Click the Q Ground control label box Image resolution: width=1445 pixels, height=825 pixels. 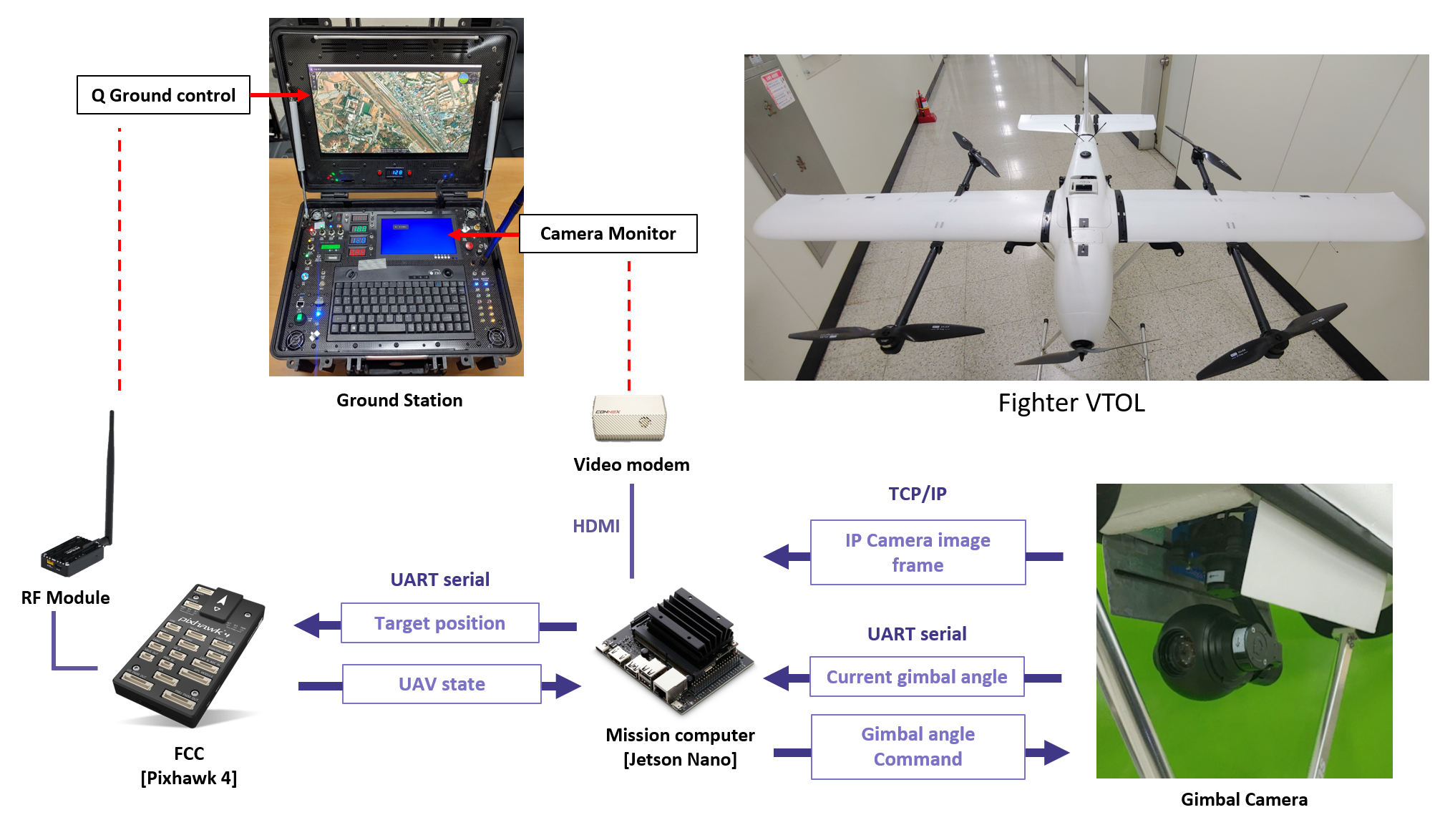163,95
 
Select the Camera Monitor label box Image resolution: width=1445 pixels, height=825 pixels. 608,234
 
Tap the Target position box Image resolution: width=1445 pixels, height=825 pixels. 439,623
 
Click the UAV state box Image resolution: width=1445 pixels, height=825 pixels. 442,684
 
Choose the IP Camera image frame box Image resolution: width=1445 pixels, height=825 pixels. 918,552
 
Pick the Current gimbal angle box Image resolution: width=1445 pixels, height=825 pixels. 917,677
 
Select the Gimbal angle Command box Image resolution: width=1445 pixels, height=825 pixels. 918,747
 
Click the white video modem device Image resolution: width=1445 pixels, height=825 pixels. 629,418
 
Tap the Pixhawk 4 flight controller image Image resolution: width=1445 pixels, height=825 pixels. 190,654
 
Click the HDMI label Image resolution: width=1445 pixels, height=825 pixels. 595,527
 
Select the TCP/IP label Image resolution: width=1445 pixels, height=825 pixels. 918,494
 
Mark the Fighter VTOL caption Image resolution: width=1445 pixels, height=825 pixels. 1071,403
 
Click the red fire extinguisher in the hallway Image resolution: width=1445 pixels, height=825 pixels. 923,107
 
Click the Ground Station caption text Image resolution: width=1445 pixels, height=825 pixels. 399,401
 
